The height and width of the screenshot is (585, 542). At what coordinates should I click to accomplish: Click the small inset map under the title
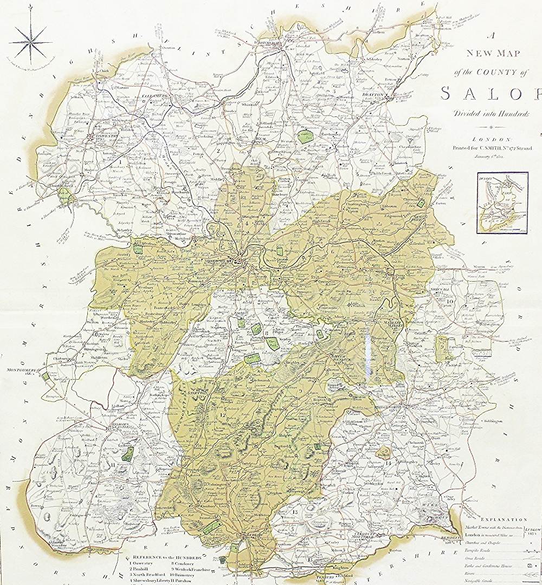point(502,202)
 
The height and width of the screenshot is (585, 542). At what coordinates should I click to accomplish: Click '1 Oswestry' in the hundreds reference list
point(140,564)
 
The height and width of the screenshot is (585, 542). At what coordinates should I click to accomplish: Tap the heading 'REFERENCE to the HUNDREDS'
point(162,557)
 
